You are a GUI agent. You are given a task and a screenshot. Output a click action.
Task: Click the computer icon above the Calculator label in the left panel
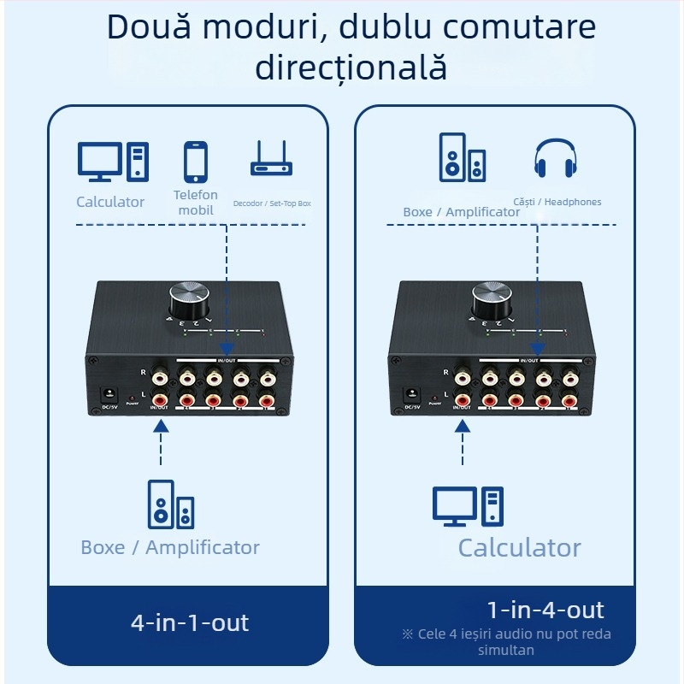click(x=113, y=162)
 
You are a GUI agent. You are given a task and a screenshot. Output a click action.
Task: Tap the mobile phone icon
click(x=196, y=161)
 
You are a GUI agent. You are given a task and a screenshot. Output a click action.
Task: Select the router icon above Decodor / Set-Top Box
click(x=271, y=159)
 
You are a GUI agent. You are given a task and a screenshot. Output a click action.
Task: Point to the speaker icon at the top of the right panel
click(x=463, y=157)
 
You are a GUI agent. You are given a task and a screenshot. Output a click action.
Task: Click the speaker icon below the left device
click(x=170, y=504)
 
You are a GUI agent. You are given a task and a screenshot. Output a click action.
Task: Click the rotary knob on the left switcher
click(x=188, y=300)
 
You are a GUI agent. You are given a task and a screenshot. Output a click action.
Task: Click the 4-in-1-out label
click(x=190, y=622)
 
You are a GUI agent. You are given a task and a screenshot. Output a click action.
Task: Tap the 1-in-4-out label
click(x=545, y=610)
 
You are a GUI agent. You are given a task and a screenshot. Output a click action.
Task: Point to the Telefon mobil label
click(x=196, y=203)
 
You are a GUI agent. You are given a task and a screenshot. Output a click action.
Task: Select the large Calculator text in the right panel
click(x=519, y=548)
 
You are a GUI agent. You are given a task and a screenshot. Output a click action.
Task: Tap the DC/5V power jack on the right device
click(x=412, y=394)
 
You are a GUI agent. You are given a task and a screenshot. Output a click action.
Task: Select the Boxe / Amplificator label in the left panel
click(x=170, y=548)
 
